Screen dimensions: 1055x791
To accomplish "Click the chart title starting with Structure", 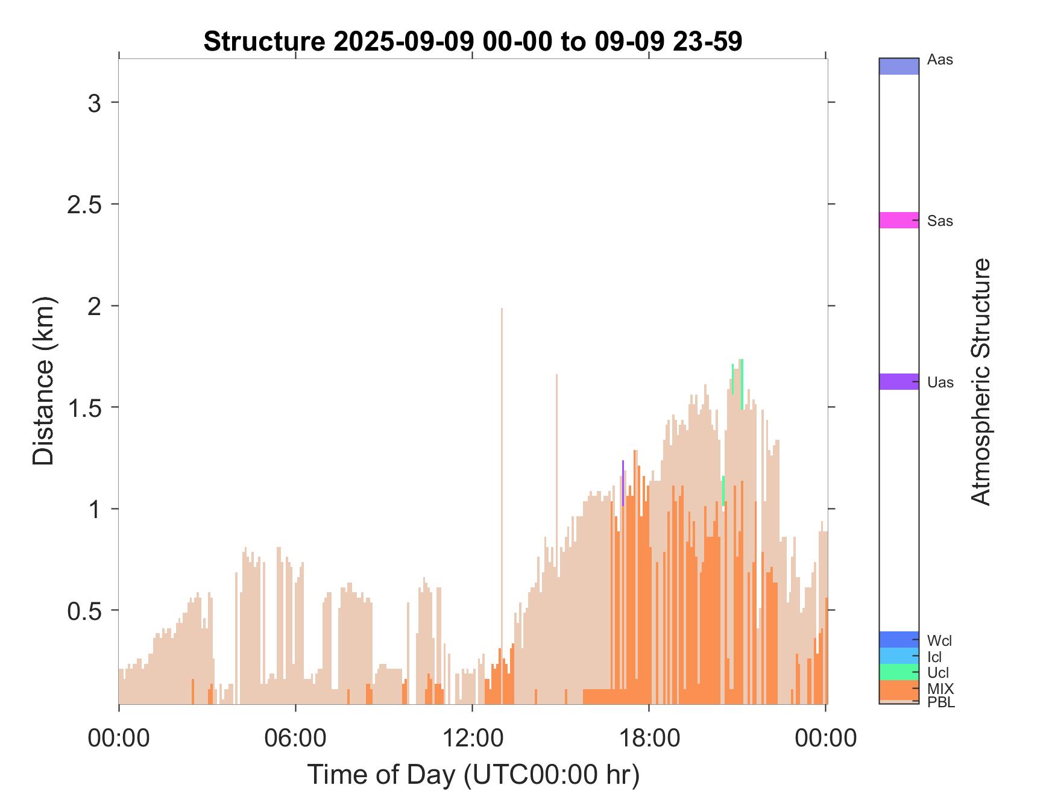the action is coord(473,42).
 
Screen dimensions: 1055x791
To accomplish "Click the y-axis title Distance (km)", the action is coord(43,381).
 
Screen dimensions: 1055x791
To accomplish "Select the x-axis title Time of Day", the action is coord(473,774).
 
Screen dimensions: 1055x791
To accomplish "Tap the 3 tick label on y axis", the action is coord(95,103).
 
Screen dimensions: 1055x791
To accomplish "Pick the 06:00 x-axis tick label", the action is coord(295,737).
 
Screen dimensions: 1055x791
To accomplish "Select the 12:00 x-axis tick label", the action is coord(472,737).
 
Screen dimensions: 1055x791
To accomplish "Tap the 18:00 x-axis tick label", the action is coord(649,737).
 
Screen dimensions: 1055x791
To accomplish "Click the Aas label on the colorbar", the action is coord(940,60).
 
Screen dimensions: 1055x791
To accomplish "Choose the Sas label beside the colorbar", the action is coord(940,221).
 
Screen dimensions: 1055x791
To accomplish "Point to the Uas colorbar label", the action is coord(940,383).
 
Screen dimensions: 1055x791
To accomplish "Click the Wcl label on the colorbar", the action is coord(940,640).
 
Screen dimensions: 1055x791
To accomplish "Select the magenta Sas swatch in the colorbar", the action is coord(899,220).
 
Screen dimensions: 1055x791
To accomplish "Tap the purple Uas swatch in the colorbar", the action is coord(899,381).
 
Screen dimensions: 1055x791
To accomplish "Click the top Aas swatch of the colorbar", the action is coord(899,66).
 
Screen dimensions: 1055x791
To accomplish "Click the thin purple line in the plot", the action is coord(623,483).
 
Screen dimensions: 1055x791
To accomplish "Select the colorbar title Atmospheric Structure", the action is coord(981,381).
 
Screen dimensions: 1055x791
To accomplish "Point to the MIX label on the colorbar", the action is coord(940,689).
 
